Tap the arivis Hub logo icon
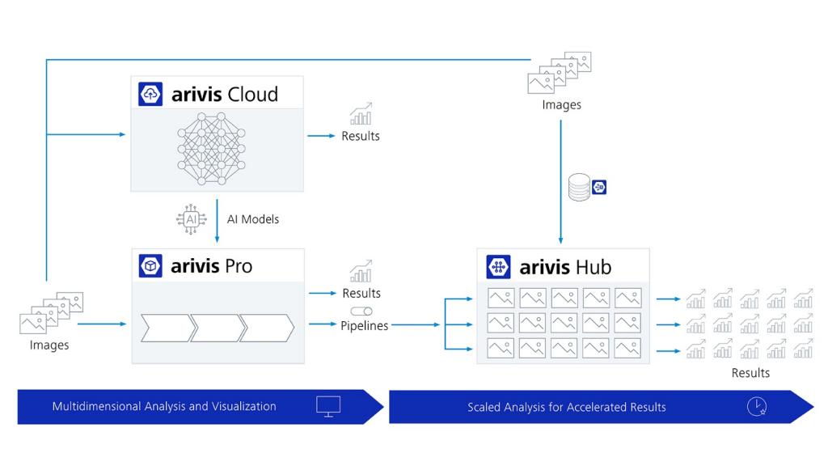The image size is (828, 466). [499, 267]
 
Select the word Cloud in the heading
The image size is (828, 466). [252, 95]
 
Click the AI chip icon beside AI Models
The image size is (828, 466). [191, 219]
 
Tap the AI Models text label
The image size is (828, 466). [253, 219]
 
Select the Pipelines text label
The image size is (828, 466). [364, 325]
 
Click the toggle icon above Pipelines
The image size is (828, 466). [361, 311]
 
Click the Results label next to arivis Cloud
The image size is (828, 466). [361, 136]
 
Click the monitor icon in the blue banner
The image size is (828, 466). [328, 406]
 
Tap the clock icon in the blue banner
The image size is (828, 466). [757, 407]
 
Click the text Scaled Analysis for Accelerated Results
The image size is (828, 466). [566, 407]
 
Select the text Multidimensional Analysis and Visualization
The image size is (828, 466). [164, 406]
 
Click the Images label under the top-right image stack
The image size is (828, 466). [561, 104]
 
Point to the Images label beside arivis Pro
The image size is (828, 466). [49, 345]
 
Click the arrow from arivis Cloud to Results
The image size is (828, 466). [321, 136]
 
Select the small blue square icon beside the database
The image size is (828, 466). [599, 188]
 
